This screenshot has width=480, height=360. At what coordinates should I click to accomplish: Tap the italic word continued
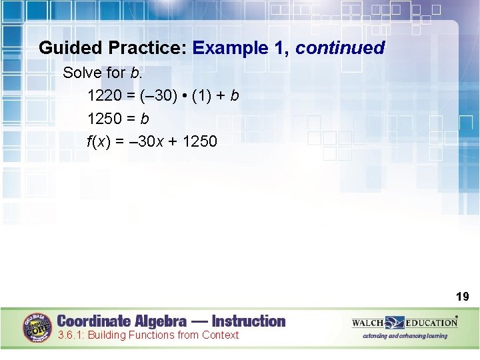(340, 48)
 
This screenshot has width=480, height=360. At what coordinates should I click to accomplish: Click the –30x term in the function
(148, 141)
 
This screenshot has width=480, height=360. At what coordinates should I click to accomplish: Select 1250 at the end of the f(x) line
(199, 141)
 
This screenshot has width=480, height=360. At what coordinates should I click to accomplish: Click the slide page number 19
(462, 297)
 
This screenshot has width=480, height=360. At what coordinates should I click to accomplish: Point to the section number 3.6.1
(71, 335)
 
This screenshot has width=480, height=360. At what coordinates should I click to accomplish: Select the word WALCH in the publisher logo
(369, 323)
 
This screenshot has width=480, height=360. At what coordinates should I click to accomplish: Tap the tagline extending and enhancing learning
(405, 336)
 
